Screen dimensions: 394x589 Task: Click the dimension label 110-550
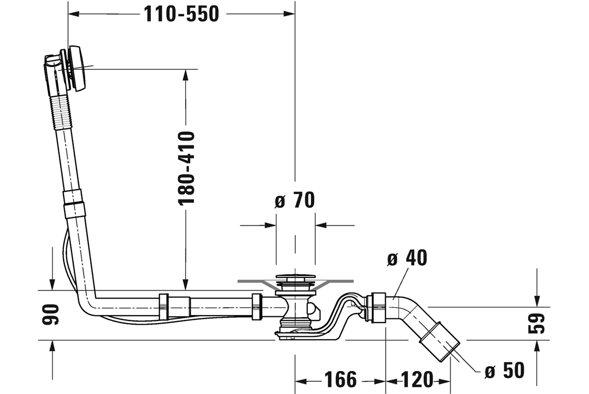tap(181, 14)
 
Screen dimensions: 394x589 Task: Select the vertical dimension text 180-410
tap(187, 168)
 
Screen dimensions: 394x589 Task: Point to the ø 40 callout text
tap(407, 258)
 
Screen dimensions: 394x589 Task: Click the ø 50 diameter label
tap(504, 370)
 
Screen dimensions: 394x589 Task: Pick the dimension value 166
tap(340, 379)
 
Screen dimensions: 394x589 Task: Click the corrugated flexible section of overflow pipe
tap(63, 110)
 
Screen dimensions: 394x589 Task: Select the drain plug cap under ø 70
tap(295, 277)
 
